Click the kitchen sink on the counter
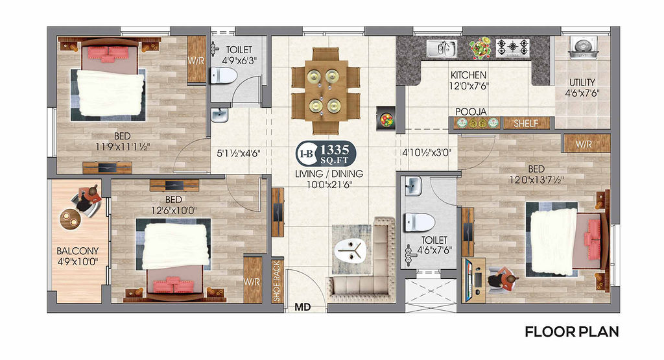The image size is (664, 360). coord(441,49)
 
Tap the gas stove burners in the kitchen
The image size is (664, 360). coord(513,48)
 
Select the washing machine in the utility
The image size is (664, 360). coord(583,48)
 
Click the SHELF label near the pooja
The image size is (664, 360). coord(526,124)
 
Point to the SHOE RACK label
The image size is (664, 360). coord(276,282)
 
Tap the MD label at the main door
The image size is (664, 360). coord(302,307)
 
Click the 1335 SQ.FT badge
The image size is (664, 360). coord(326,153)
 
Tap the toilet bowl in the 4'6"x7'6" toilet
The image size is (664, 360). coord(420,222)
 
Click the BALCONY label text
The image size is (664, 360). coord(78,251)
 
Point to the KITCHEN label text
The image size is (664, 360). coord(468,75)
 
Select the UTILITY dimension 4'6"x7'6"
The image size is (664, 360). coord(582,93)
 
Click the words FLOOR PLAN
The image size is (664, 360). coord(572,331)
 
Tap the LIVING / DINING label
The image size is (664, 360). coord(329,174)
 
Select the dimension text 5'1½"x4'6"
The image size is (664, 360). coord(239,153)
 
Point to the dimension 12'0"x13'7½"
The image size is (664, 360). coord(536,180)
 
